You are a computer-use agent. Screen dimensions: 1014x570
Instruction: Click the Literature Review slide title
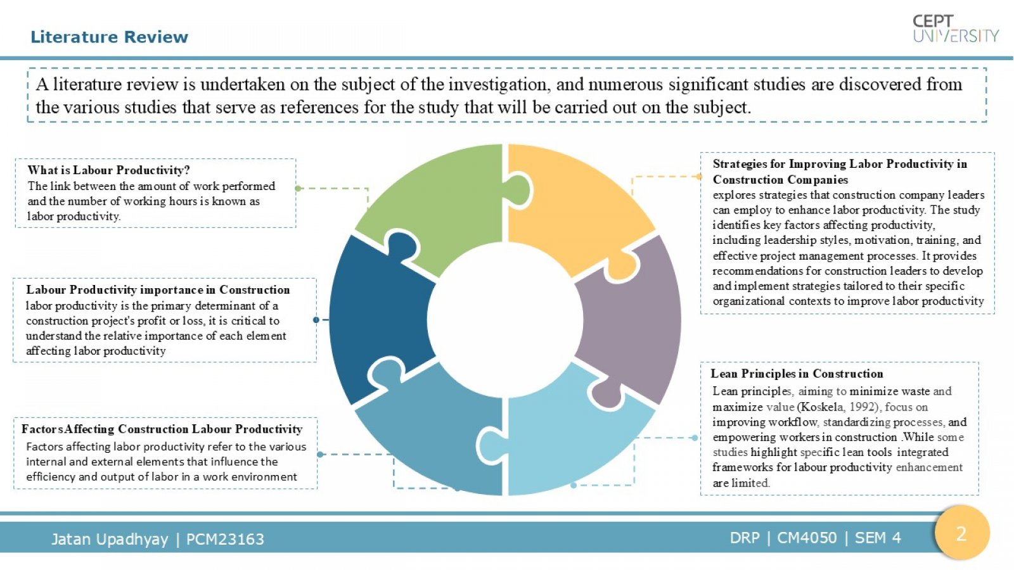109,37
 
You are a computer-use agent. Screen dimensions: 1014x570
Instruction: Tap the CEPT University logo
956,28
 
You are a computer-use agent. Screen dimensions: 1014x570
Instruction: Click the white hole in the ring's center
505,320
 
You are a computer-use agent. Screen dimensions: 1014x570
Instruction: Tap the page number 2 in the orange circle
961,535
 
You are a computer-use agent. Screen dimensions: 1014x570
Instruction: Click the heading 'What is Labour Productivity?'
108,170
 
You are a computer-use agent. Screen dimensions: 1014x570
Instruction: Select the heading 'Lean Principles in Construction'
797,374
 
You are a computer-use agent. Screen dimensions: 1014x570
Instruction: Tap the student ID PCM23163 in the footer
225,539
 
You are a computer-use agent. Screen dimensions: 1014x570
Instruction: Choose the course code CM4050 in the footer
807,538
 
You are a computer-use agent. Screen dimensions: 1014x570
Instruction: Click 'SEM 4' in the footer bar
878,538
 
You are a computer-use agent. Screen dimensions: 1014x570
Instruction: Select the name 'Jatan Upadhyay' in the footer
110,539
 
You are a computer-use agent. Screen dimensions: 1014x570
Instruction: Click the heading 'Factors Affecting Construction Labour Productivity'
162,429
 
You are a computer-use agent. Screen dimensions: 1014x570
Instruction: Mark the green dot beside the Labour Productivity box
298,188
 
